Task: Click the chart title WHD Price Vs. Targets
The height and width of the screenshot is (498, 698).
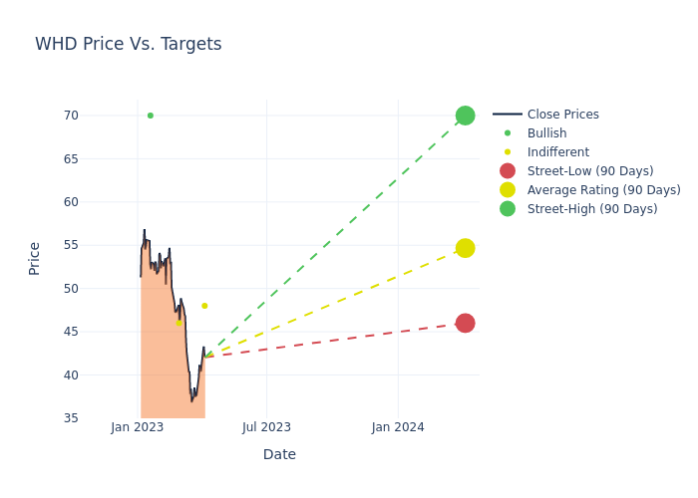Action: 129,44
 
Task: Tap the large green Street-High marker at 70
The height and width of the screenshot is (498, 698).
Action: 465,116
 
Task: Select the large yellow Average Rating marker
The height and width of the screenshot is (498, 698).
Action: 465,248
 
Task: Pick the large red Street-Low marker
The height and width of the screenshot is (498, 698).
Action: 465,323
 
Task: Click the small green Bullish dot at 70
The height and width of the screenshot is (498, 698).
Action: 151,116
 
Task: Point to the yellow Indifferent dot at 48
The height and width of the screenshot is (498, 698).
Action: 204,306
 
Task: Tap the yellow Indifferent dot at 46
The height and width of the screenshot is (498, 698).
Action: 179,323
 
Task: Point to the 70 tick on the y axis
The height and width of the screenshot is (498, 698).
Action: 71,116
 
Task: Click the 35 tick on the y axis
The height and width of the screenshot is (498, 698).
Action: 71,418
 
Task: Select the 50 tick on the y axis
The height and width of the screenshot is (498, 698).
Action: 71,289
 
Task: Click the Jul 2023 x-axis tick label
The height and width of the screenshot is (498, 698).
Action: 267,427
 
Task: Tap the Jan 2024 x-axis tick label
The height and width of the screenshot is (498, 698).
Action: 398,427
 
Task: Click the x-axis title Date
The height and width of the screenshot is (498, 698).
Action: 279,454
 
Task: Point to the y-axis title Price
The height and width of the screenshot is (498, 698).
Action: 35,258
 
